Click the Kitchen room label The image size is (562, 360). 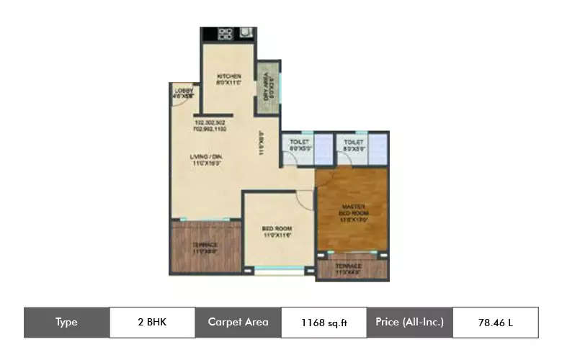[228, 79]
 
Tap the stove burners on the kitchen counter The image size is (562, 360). [225, 33]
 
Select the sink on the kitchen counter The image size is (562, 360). [246, 33]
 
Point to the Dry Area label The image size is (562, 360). [268, 89]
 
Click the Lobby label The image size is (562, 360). [184, 92]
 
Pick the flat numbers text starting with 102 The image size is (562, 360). [210, 126]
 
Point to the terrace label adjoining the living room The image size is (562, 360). [205, 248]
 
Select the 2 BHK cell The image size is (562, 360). [152, 323]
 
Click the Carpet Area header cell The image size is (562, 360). [238, 323]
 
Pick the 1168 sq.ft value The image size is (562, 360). [324, 323]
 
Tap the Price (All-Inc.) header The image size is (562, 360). [409, 323]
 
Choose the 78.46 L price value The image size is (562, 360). [495, 323]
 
